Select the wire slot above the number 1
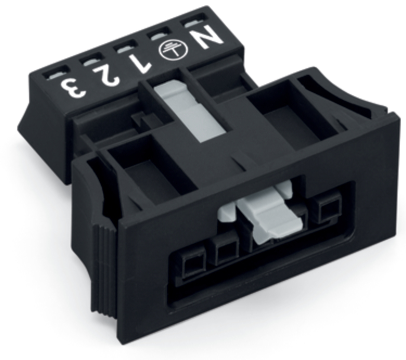pos(126,48)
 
